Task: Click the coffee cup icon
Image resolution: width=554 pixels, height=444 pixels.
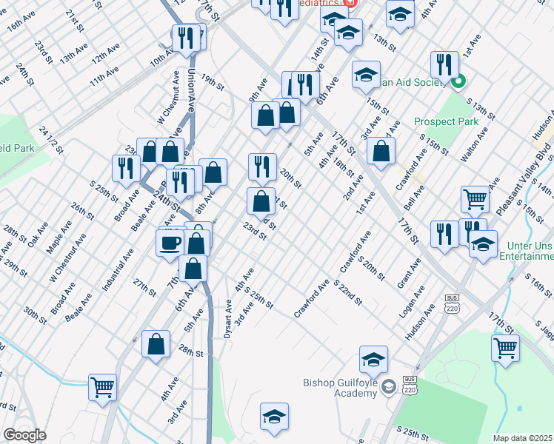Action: tap(170, 242)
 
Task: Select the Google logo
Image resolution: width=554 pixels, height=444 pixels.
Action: tap(24, 434)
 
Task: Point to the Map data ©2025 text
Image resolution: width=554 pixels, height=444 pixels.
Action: tap(523, 438)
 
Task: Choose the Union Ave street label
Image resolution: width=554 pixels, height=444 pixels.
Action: tap(191, 90)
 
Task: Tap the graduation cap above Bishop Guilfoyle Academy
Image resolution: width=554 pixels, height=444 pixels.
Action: tap(374, 360)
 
